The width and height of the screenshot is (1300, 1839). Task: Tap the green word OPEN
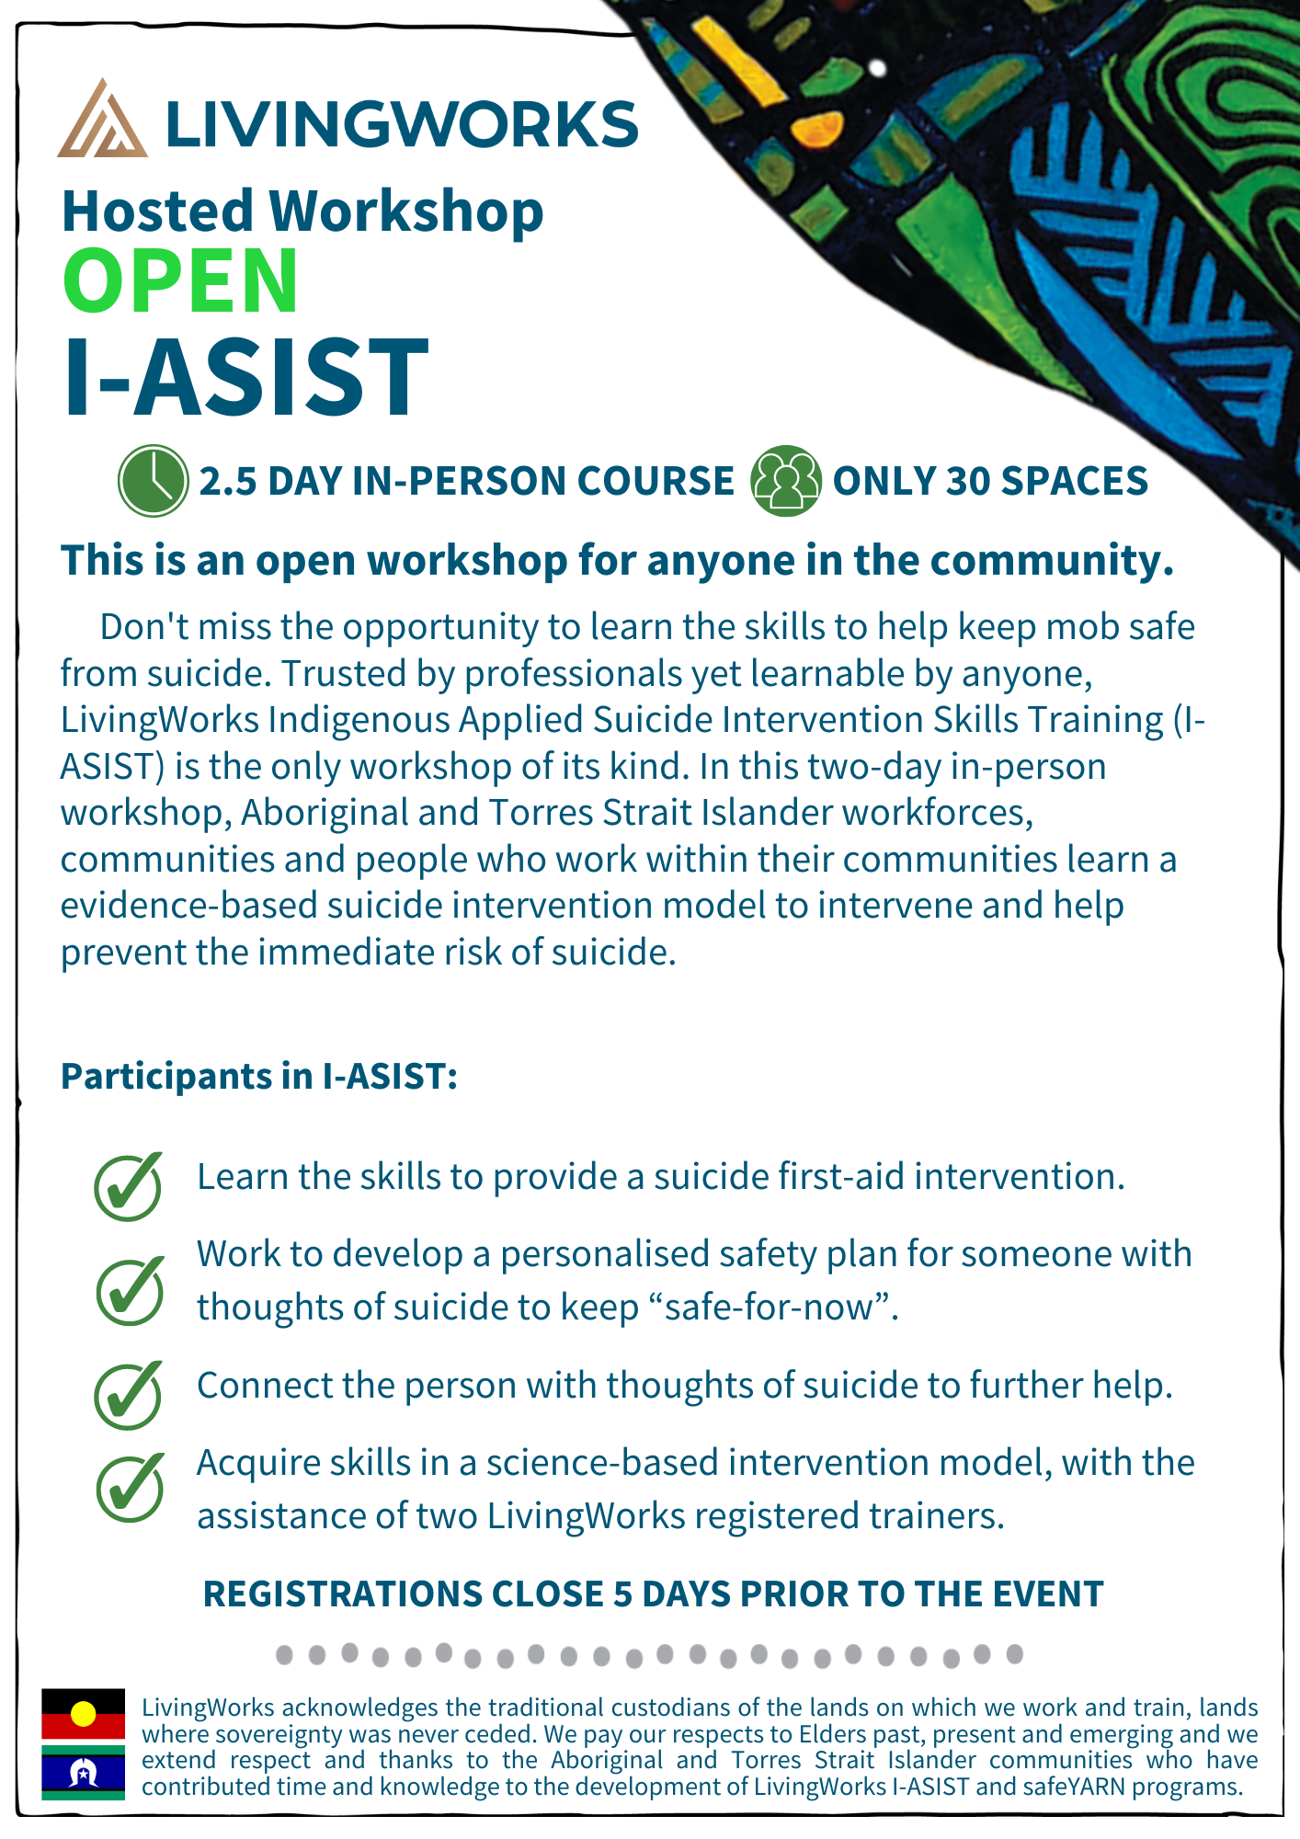(180, 281)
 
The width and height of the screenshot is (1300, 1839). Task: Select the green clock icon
(154, 480)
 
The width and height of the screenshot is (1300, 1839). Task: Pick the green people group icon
(786, 480)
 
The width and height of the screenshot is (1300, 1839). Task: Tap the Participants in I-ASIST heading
(259, 1076)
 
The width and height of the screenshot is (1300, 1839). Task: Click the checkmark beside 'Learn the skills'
(129, 1186)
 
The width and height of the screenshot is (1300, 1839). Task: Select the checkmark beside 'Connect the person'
(129, 1395)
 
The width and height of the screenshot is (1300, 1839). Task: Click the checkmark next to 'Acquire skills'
(131, 1487)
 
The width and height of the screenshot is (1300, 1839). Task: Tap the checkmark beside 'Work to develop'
(131, 1290)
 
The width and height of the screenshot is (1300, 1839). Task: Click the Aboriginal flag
(83, 1714)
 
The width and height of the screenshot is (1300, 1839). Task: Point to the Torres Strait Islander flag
(83, 1772)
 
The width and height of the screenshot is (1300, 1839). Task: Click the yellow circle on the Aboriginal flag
(84, 1714)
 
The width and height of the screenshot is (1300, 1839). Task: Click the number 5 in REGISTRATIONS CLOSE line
(622, 1594)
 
